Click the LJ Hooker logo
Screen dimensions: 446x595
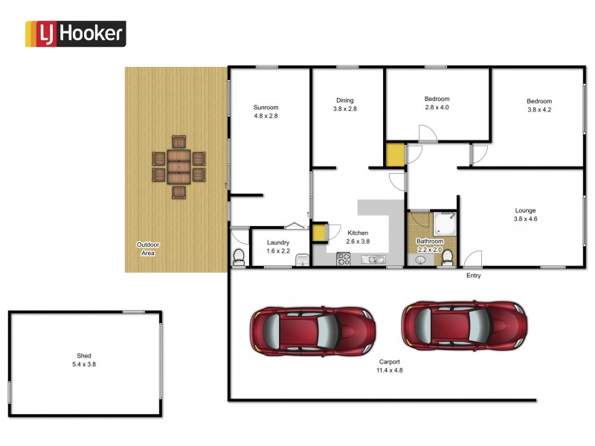(x=76, y=33)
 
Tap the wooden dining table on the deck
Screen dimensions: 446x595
(x=178, y=167)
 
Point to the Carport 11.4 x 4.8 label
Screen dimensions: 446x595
(x=389, y=366)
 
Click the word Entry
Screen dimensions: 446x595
(x=474, y=276)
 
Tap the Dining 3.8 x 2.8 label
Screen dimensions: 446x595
(x=344, y=104)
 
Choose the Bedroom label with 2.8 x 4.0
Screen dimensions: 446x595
(x=437, y=103)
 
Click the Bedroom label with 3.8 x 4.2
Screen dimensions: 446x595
(x=539, y=106)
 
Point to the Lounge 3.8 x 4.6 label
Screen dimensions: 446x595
(x=524, y=215)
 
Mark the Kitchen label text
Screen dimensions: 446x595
(x=358, y=237)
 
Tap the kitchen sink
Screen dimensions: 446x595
(x=374, y=259)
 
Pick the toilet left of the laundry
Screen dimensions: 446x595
(x=239, y=257)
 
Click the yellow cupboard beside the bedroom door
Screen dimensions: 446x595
(x=393, y=155)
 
